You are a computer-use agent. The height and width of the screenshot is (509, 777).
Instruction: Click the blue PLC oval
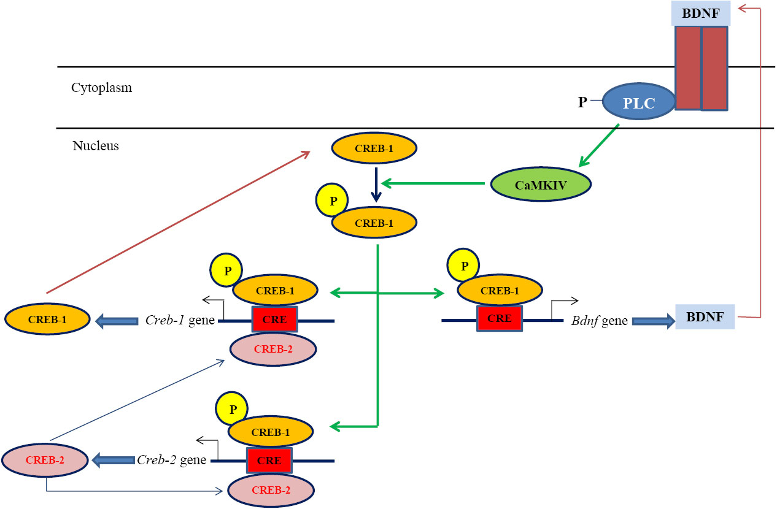click(x=639, y=102)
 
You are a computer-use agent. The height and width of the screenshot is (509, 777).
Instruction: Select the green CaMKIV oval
click(x=541, y=183)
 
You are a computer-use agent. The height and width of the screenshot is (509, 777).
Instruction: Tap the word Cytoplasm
click(x=101, y=88)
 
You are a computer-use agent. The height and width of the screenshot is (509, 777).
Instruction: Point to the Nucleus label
click(x=95, y=146)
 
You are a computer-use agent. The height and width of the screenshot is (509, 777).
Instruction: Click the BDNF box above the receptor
click(x=702, y=13)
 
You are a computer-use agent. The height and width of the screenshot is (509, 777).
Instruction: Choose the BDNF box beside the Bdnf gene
click(x=705, y=317)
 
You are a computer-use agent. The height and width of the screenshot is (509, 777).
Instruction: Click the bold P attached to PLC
click(x=582, y=102)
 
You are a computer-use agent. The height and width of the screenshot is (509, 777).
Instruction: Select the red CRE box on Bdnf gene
click(x=500, y=319)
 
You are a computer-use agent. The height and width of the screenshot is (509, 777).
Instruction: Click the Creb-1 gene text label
click(x=179, y=320)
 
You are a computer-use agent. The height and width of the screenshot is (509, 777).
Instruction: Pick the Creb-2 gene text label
click(x=172, y=460)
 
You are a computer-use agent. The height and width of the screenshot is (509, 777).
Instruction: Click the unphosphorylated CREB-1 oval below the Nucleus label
click(x=374, y=148)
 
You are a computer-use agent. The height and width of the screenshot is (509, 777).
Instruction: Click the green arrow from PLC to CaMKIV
click(x=598, y=145)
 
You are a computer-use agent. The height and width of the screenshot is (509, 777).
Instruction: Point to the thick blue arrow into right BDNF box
click(x=652, y=320)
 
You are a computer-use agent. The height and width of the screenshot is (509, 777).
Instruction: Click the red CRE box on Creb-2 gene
click(x=269, y=460)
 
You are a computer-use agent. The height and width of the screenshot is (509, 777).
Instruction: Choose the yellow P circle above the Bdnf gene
click(x=464, y=266)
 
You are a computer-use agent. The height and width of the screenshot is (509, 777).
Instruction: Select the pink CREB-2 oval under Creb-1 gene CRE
click(x=273, y=350)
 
